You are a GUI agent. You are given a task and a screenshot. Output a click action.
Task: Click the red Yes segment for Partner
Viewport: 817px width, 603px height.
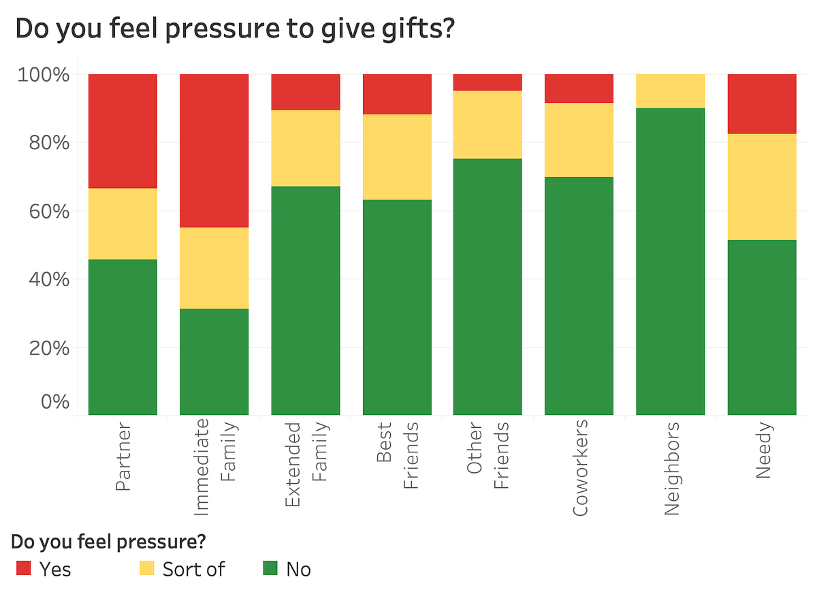pos(123,131)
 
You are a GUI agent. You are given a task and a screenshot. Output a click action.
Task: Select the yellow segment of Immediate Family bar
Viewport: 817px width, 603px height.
pos(214,268)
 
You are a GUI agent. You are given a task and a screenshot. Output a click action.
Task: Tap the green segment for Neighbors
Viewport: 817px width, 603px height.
pos(671,261)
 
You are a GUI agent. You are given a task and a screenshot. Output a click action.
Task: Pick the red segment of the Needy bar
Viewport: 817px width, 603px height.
pos(762,104)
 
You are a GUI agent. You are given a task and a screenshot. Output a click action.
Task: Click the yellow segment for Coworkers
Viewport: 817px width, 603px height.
pos(579,140)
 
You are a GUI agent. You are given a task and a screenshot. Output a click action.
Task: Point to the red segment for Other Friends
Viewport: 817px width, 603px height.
pos(488,82)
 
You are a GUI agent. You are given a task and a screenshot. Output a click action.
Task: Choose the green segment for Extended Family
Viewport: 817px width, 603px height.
pos(306,300)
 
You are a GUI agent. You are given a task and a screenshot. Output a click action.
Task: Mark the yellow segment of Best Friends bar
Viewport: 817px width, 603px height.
pos(397,157)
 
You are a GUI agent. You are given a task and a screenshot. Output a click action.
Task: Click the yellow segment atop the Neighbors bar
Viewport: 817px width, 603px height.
pos(671,91)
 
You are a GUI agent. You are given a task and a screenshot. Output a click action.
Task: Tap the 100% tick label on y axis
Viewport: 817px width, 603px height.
pos(42,74)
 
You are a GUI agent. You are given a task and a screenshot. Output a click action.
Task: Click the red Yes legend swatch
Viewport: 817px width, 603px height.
pos(24,568)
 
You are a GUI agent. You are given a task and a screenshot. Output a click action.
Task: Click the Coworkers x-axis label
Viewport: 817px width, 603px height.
pos(580,469)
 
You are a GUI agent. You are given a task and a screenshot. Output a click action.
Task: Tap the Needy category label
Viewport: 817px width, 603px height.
pos(763,450)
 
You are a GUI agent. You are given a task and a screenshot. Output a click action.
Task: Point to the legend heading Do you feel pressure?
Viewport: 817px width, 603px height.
pos(110,542)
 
